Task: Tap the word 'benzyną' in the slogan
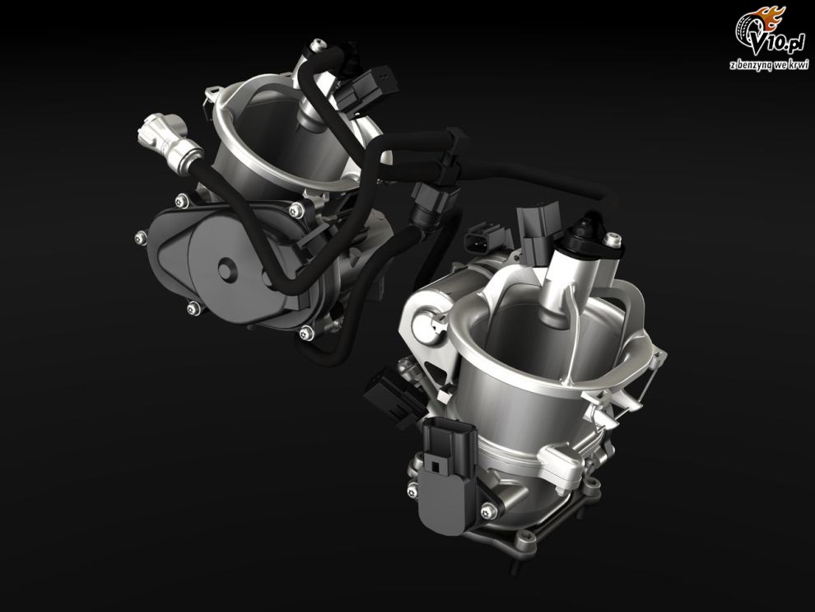pyautogui.click(x=752, y=65)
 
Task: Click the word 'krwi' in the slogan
pyautogui.click(x=800, y=64)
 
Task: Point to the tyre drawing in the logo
pyautogui.click(x=748, y=33)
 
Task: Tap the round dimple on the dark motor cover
pyautogui.click(x=225, y=270)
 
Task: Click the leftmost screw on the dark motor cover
pyautogui.click(x=140, y=237)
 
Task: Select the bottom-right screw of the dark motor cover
pyautogui.click(x=307, y=332)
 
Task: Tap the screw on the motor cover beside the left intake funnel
pyautogui.click(x=296, y=209)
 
